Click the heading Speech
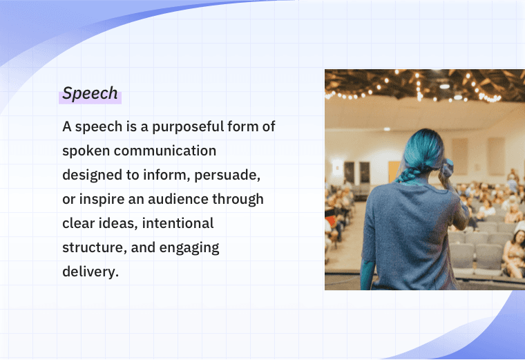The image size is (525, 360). pyautogui.click(x=90, y=94)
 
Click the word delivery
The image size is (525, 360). pyautogui.click(x=90, y=272)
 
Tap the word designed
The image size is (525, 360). pyautogui.click(x=91, y=175)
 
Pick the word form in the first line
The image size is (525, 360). pyautogui.click(x=245, y=126)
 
